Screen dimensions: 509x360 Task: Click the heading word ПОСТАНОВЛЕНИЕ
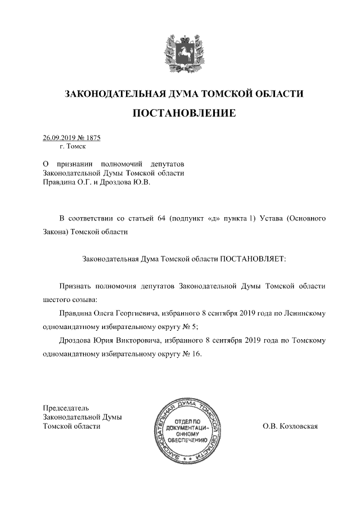tap(183, 114)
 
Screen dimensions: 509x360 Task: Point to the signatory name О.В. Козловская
tap(290, 426)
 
